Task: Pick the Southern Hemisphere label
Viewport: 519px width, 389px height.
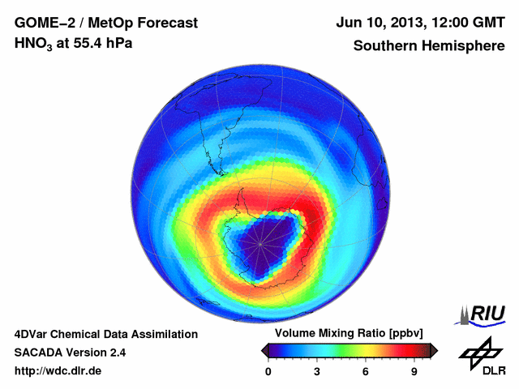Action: coord(428,45)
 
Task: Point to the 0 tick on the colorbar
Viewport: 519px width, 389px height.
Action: coord(268,372)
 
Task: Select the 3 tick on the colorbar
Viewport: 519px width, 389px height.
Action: coord(317,372)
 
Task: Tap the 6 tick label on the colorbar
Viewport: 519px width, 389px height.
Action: coord(366,372)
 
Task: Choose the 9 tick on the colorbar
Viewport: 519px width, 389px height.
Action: coord(414,372)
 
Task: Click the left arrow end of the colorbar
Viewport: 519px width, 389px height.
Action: coord(264,350)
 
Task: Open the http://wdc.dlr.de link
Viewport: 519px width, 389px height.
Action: coord(58,372)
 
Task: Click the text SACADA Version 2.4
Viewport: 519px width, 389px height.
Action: coord(70,353)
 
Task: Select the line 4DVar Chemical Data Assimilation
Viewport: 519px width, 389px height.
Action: coord(105,334)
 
